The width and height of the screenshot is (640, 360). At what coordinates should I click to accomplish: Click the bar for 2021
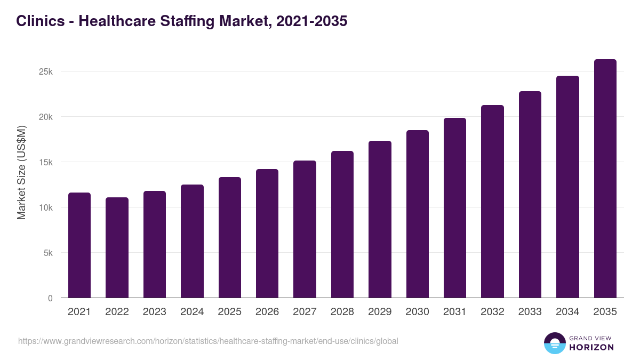(x=79, y=245)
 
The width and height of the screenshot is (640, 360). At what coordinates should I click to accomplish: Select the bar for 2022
(x=117, y=247)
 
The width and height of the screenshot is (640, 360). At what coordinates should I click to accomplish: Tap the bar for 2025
(x=229, y=237)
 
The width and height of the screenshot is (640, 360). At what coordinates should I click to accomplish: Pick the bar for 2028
(x=342, y=224)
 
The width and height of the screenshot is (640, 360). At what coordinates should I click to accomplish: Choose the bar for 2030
(x=417, y=214)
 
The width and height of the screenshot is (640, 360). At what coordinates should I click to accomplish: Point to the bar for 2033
(x=530, y=195)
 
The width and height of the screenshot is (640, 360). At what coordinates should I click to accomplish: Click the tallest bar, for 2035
(x=605, y=179)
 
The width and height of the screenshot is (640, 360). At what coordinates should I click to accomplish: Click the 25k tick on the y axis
(x=45, y=71)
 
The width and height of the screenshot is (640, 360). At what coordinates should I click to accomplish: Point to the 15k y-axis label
(x=45, y=162)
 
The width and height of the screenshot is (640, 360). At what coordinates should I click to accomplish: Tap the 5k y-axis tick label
(x=47, y=253)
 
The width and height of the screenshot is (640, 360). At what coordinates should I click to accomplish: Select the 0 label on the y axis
(x=50, y=298)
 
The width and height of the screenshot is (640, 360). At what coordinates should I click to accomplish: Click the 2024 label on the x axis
(x=192, y=312)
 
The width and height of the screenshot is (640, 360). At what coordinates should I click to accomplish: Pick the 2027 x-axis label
(x=305, y=312)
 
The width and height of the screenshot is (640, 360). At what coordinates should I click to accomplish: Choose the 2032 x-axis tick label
(x=492, y=312)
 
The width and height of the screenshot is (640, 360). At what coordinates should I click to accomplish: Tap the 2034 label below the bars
(x=567, y=312)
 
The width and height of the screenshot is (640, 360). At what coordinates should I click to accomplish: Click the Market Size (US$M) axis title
(x=21, y=172)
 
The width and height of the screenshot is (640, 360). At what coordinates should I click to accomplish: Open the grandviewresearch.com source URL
(x=208, y=341)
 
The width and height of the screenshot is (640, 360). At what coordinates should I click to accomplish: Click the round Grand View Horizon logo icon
(x=554, y=343)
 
